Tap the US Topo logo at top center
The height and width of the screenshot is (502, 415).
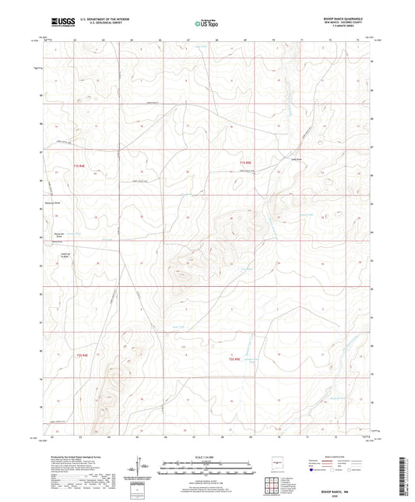[205, 23]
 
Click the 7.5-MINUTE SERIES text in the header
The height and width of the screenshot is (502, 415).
[338, 29]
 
